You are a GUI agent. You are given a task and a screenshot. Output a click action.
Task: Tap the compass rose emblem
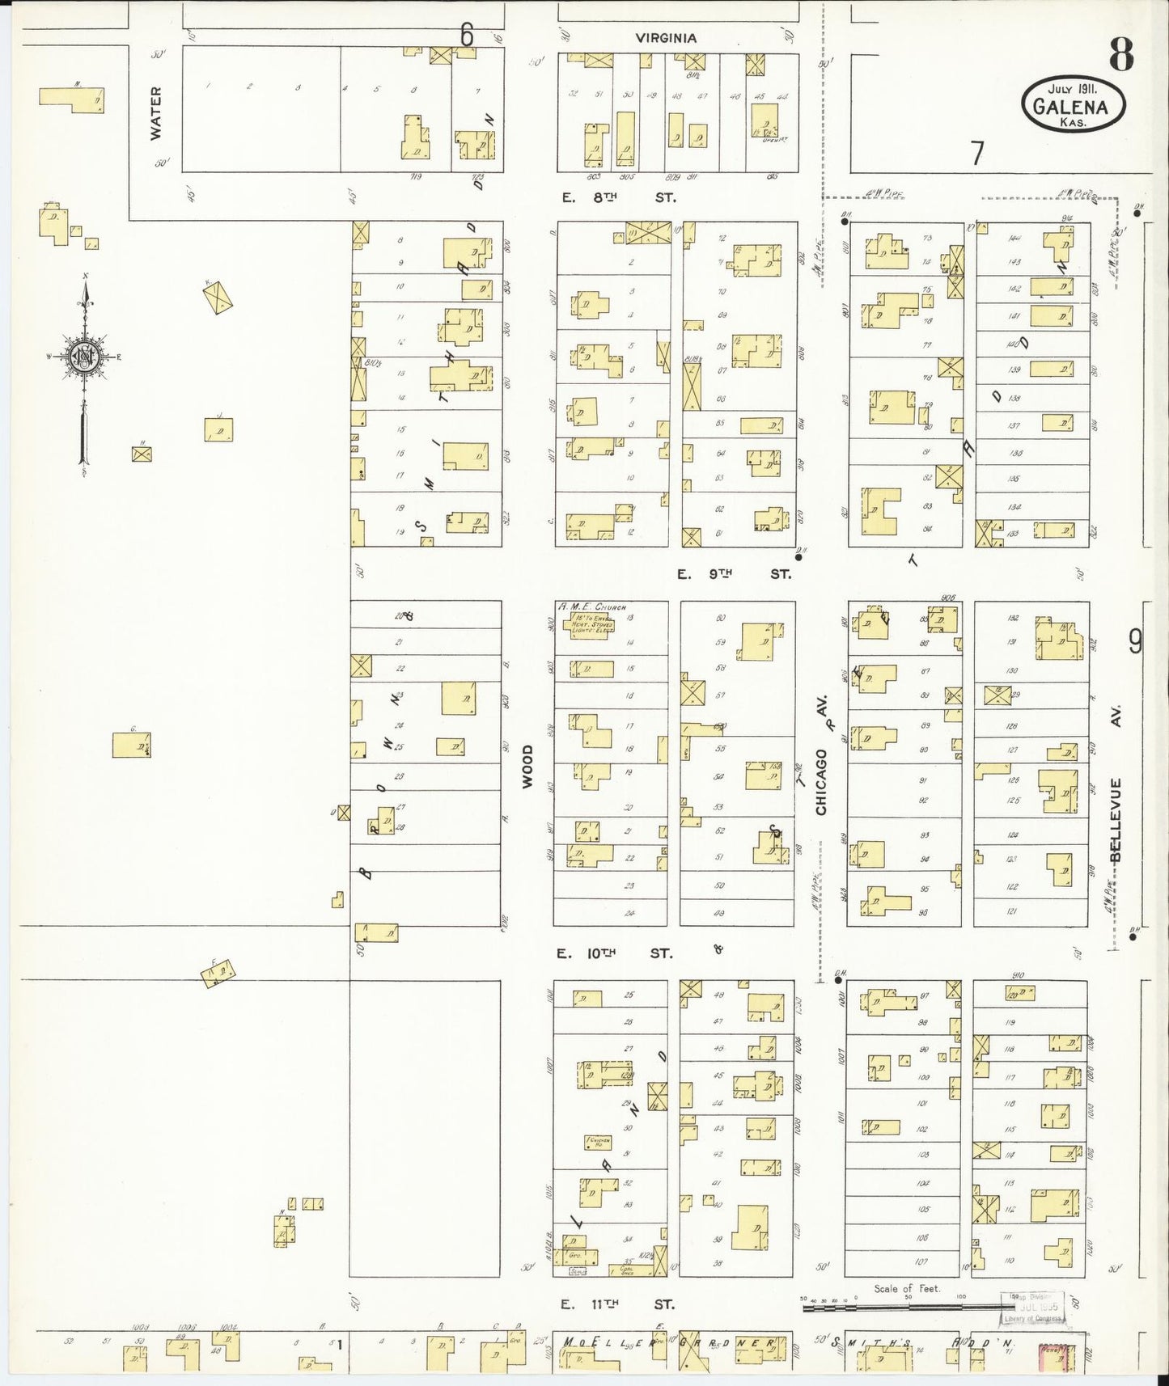(84, 357)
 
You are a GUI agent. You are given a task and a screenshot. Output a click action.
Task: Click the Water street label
(156, 113)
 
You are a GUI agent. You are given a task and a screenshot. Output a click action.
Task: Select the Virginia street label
(666, 38)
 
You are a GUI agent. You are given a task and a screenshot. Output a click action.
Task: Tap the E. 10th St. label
(615, 953)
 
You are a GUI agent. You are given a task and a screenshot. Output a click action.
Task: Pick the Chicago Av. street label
(823, 770)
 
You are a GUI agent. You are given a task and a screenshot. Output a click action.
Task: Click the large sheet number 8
(1120, 54)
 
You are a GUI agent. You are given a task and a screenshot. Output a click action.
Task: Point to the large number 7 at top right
(978, 152)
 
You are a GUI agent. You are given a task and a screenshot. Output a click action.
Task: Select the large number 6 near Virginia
(467, 35)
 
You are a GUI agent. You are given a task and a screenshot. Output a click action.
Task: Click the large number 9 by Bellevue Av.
(1135, 641)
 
